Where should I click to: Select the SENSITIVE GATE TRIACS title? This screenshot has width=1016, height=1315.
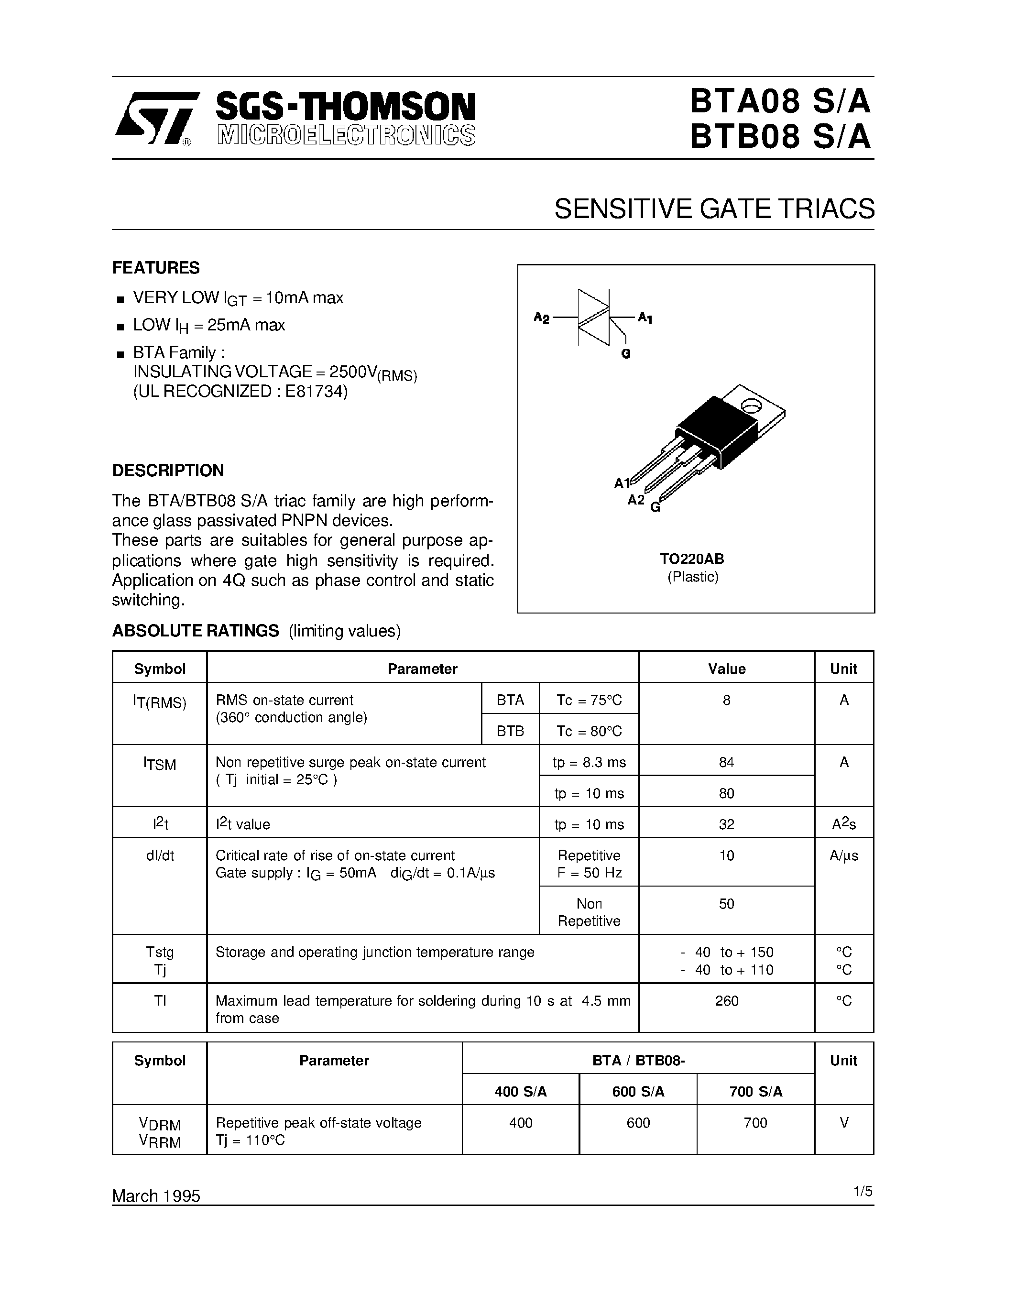714,209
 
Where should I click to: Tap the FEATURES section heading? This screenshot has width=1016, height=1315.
156,267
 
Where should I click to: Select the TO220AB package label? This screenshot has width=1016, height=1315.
692,558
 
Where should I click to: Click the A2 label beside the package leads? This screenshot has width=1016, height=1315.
635,500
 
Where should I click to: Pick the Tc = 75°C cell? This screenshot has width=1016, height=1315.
589,700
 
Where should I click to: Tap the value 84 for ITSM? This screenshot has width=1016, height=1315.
726,762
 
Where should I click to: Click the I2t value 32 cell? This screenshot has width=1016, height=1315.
726,824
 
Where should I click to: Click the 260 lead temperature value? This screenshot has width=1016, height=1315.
726,1001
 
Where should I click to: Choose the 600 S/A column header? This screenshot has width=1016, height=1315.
638,1092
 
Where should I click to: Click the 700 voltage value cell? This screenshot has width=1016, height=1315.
755,1122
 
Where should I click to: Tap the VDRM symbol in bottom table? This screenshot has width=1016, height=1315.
160,1124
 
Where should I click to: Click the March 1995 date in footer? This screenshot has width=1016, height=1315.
156,1195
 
